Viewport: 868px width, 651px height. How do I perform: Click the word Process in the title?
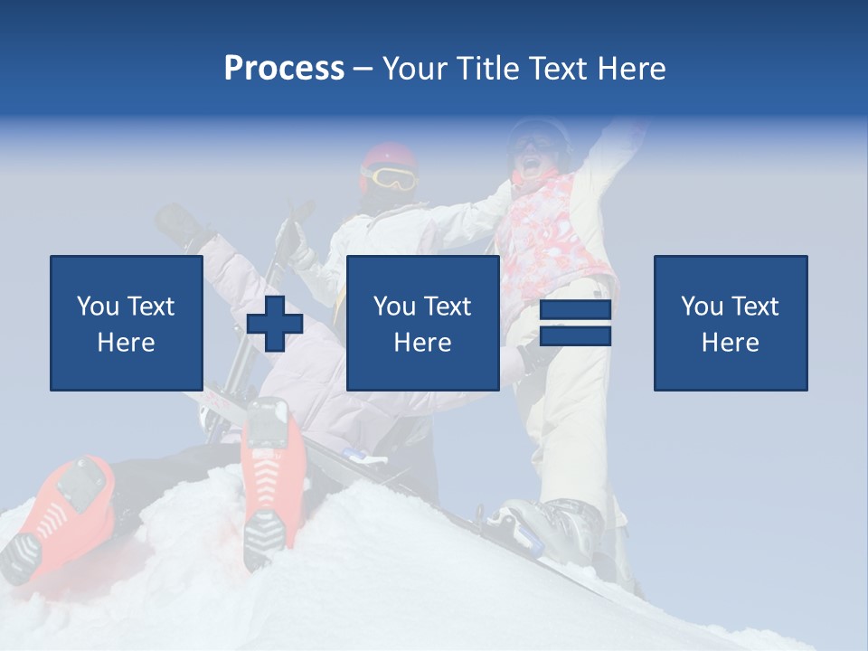tap(284, 69)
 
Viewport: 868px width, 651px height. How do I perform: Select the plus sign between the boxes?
tap(274, 324)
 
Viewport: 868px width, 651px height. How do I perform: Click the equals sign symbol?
tap(575, 323)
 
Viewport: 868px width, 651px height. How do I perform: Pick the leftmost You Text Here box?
tap(126, 323)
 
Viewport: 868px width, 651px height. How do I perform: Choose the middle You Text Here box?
tap(422, 323)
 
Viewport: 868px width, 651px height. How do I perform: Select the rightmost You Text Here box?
tap(730, 323)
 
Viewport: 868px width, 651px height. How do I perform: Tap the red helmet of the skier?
tap(390, 156)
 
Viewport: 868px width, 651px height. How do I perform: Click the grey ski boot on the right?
tap(556, 524)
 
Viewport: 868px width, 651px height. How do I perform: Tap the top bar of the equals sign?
tap(575, 310)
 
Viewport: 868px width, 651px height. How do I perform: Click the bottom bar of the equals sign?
tap(575, 335)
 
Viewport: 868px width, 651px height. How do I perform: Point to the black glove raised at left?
tap(181, 226)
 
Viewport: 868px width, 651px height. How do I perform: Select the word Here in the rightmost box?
tap(730, 343)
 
